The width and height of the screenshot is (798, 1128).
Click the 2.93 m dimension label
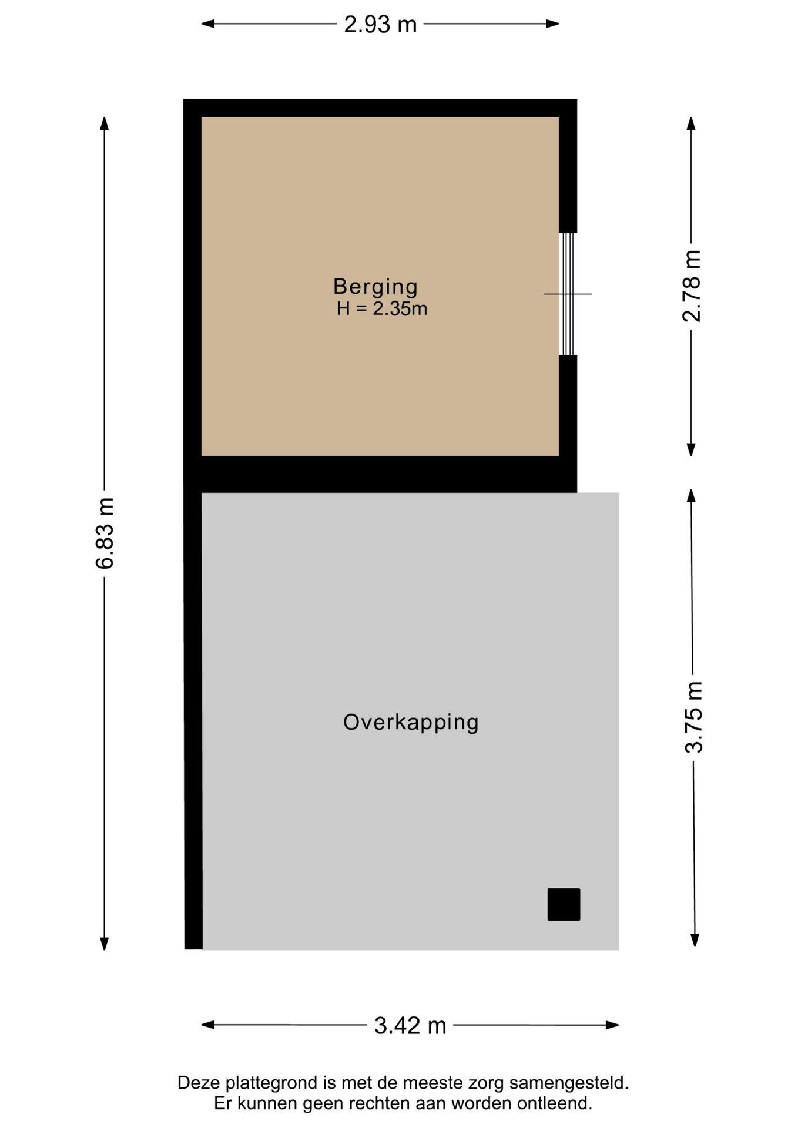pos(380,24)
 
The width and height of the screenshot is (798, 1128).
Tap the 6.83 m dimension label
pos(105,533)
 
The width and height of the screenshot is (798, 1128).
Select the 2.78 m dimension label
pos(692,286)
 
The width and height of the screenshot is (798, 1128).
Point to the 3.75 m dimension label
pos(693,717)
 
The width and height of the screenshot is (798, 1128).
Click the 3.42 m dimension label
pos(410,1026)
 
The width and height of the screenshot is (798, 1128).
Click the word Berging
pos(375,286)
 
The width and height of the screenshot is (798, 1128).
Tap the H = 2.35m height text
pos(382,308)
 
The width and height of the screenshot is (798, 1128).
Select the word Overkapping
pos(411,722)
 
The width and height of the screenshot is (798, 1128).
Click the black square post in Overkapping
pos(564,904)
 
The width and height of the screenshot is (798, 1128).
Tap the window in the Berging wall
pos(567,294)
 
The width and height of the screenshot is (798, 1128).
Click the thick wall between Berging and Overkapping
pos(380,474)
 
